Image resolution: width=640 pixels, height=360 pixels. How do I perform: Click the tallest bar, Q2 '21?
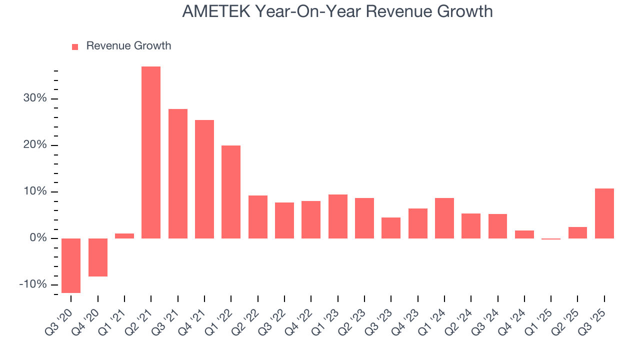coord(151,152)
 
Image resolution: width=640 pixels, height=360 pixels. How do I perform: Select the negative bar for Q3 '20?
coord(71,265)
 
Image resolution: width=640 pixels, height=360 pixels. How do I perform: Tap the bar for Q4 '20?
coord(98,257)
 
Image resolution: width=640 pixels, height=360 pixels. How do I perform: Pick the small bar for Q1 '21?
coord(124,236)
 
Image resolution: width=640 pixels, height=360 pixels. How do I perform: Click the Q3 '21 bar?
coord(178,173)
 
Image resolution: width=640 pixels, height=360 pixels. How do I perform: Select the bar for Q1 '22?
coord(231,192)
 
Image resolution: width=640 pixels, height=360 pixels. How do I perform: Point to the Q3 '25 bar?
coord(604,213)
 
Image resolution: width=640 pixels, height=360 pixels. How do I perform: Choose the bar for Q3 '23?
coord(391,228)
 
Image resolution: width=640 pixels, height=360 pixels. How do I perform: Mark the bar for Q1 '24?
coord(444,218)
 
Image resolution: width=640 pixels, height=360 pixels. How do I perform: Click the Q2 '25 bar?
coord(577,232)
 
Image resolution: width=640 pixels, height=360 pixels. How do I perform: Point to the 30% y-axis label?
coord(35,98)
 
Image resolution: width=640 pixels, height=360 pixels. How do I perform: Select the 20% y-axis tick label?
coord(35,145)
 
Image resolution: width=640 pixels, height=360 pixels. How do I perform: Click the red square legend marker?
coord(75,46)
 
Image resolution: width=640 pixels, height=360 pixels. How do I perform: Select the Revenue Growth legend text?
coord(128,46)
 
